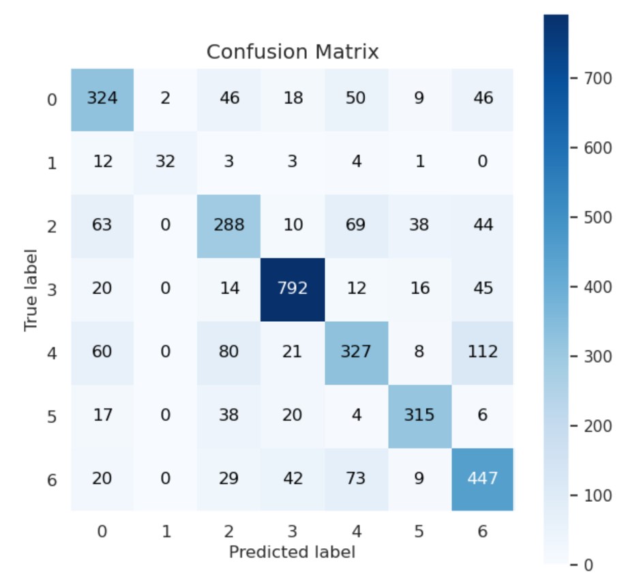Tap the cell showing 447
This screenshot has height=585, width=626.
(482, 479)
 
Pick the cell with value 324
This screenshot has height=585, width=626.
(102, 98)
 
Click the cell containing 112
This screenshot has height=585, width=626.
(482, 352)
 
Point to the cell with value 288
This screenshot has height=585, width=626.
(228, 225)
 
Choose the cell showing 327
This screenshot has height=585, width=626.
(355, 352)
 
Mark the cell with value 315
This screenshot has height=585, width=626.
(419, 415)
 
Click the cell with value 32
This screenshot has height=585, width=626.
(165, 162)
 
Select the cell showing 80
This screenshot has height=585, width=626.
(228, 352)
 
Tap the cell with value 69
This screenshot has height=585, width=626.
(355, 225)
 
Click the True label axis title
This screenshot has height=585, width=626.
(31, 289)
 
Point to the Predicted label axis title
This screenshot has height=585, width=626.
(292, 552)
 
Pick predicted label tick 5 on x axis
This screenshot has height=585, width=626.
(419, 532)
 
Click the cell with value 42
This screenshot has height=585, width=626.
(292, 479)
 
